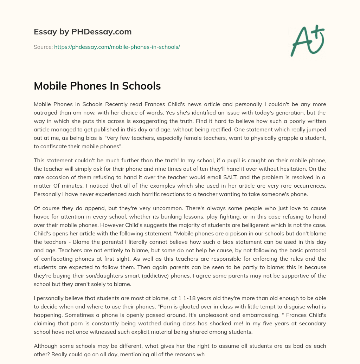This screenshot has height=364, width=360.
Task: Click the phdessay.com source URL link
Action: pos(117,47)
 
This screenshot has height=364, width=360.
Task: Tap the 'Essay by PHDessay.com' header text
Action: pos(83,32)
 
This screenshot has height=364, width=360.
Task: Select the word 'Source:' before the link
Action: pos(43,47)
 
